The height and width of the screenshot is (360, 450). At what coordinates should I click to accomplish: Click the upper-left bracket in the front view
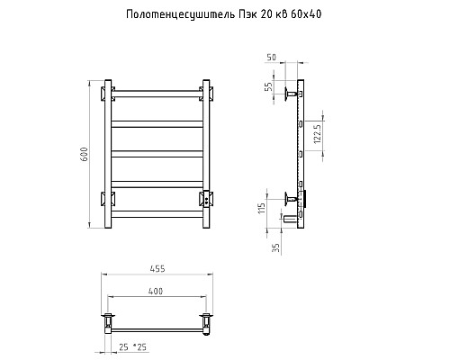tap(109, 93)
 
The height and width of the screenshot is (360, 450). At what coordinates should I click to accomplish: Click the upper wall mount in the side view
tap(290, 93)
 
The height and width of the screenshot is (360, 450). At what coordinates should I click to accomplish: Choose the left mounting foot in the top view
tap(109, 319)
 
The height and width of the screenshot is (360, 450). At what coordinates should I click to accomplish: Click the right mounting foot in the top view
tap(206, 319)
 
